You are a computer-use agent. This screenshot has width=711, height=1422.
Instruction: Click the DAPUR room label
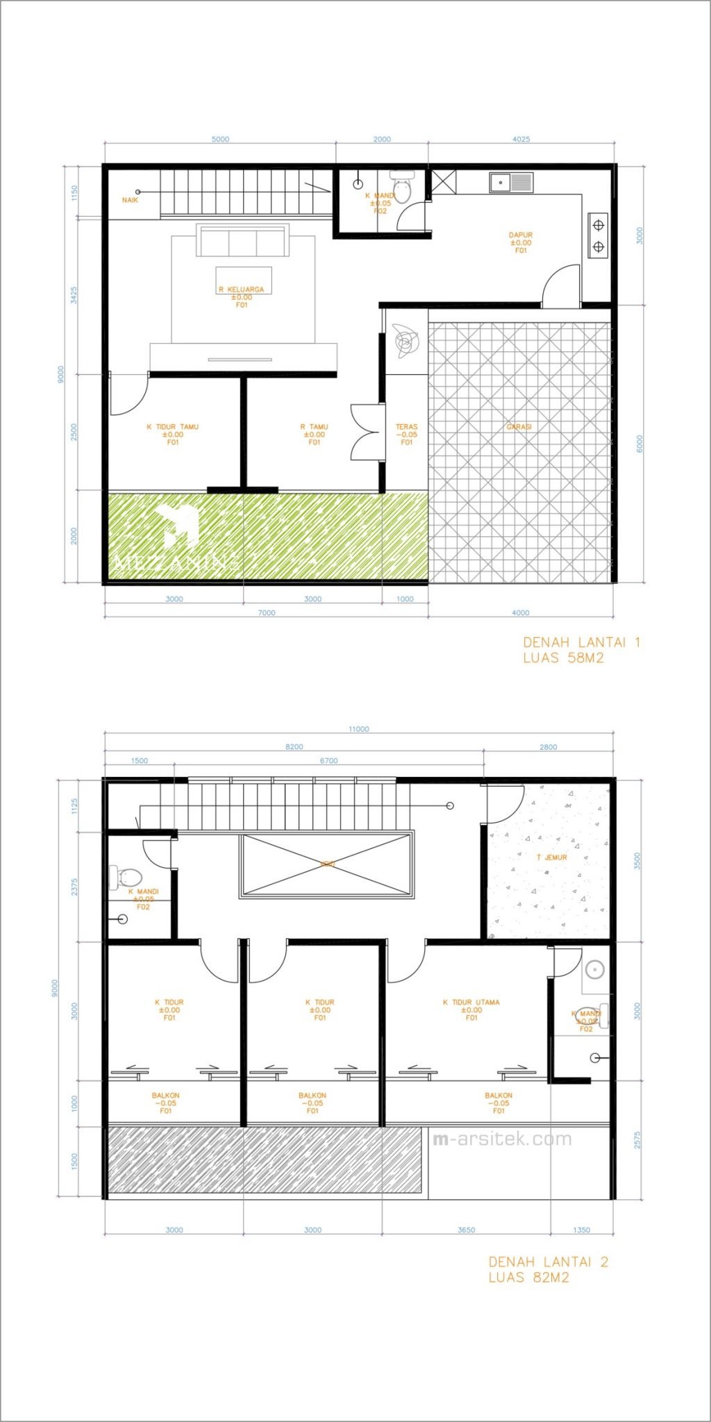(x=520, y=235)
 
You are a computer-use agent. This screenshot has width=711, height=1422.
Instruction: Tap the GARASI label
(x=519, y=427)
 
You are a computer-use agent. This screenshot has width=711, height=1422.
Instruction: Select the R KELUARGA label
(x=241, y=290)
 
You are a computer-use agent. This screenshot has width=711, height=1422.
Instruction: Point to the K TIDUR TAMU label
(x=172, y=427)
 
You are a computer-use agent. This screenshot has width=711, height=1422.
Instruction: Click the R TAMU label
(x=314, y=427)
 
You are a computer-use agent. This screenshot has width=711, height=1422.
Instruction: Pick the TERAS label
(x=407, y=427)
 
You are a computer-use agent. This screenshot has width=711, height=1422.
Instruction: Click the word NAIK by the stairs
(x=130, y=200)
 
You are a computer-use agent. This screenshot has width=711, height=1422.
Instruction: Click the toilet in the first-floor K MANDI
(x=402, y=188)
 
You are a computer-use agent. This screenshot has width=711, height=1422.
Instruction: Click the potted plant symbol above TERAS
(x=405, y=342)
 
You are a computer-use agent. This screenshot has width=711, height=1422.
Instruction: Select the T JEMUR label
(x=552, y=858)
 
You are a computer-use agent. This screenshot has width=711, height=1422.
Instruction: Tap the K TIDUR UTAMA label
(x=471, y=1002)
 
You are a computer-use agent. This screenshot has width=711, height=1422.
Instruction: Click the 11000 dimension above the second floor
(x=359, y=729)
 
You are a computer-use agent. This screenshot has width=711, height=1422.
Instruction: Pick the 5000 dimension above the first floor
(x=220, y=140)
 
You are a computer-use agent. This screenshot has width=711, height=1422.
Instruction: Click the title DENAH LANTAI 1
(x=581, y=642)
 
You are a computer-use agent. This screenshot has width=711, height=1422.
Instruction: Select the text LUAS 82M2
(x=528, y=1278)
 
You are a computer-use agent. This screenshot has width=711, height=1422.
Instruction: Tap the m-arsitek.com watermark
(x=502, y=1139)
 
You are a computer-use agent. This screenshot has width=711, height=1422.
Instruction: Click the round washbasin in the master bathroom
(x=594, y=969)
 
